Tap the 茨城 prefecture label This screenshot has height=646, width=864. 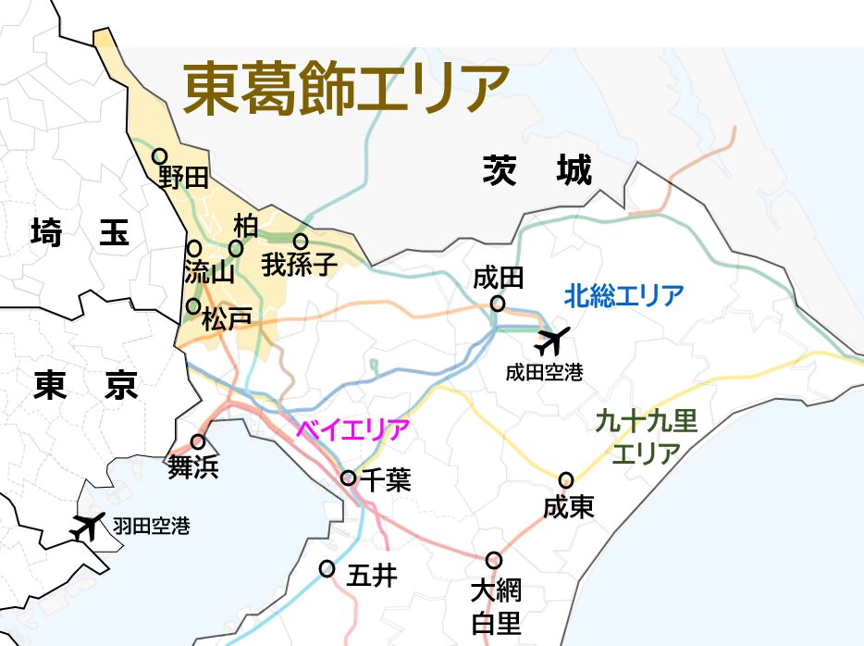pyautogui.click(x=537, y=171)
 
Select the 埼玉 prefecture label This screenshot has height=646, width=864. pyautogui.click(x=80, y=232)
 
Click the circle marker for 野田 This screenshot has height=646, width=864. pyautogui.click(x=160, y=156)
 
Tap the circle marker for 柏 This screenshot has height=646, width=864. pyautogui.click(x=236, y=248)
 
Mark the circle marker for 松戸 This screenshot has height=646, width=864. pyautogui.click(x=193, y=305)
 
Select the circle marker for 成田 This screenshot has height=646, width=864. pyautogui.click(x=498, y=303)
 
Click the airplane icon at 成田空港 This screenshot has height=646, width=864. pyautogui.click(x=553, y=342)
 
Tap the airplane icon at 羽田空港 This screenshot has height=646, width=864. pyautogui.click(x=88, y=528)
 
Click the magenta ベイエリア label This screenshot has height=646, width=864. pyautogui.click(x=352, y=430)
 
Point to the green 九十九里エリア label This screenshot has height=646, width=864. pyautogui.click(x=647, y=437)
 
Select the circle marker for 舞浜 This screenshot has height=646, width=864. pyautogui.click(x=198, y=442)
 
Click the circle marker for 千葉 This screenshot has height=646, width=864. pyautogui.click(x=349, y=478)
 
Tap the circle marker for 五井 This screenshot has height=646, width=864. pyautogui.click(x=327, y=568)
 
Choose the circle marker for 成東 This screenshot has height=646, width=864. pyautogui.click(x=566, y=479)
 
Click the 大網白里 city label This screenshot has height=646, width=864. pyautogui.click(x=496, y=606)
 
